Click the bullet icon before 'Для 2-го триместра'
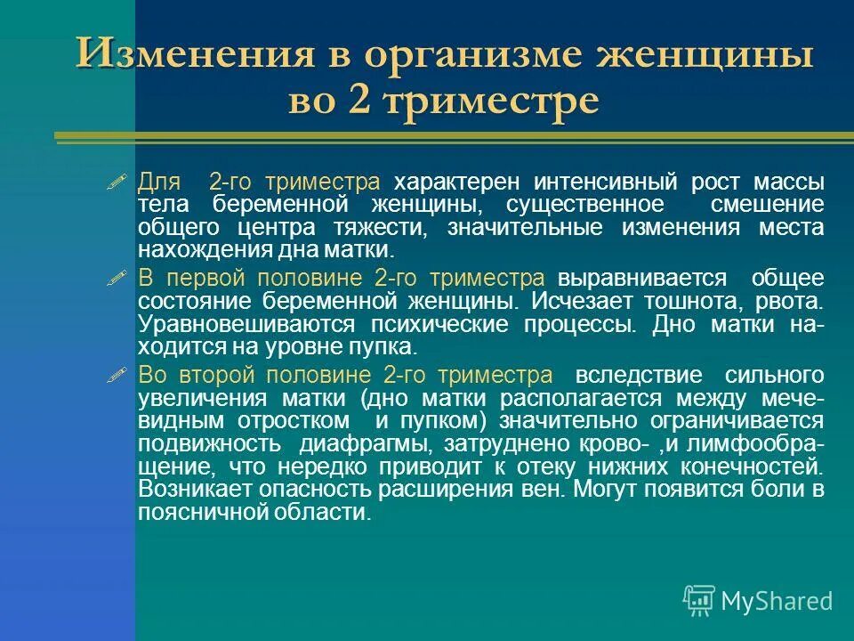(x=117, y=183)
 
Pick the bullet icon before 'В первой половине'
(x=117, y=279)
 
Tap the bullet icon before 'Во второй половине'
(x=117, y=375)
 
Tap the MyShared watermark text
(x=777, y=601)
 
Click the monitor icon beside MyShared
(x=699, y=601)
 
